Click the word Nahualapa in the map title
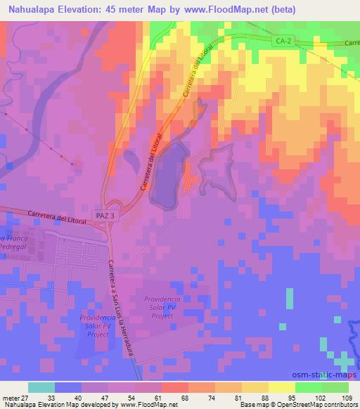[x=33, y=10]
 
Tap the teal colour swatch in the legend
[x=41, y=387]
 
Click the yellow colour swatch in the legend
[x=281, y=387]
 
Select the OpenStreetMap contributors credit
[x=320, y=405]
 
